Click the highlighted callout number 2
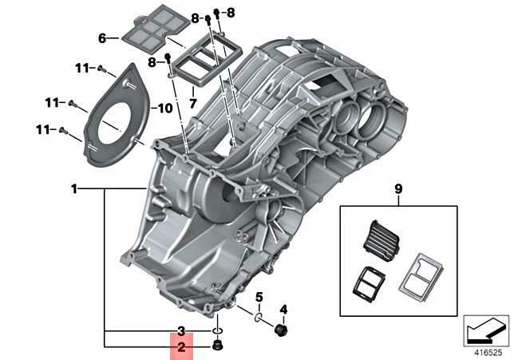click(x=181, y=347)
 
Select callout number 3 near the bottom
click(x=181, y=330)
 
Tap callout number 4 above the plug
click(x=283, y=309)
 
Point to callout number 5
click(x=259, y=298)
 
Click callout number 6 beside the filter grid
click(x=102, y=38)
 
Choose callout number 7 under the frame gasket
click(x=192, y=103)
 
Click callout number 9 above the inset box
click(x=399, y=189)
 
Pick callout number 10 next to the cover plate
click(x=165, y=108)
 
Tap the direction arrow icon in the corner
click(x=485, y=329)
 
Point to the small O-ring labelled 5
click(x=259, y=318)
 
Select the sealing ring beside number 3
click(x=217, y=330)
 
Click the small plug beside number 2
click(x=217, y=346)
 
